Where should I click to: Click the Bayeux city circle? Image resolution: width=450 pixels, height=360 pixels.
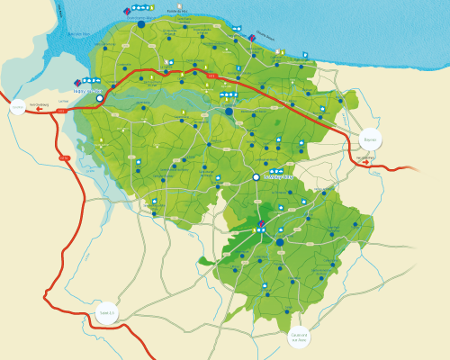370,140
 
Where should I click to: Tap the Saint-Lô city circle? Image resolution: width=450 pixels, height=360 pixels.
106,313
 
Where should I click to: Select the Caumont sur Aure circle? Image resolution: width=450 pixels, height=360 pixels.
300,337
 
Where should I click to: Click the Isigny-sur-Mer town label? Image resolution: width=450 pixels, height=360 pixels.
85,90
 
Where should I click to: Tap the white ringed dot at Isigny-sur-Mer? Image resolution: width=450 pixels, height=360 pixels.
100,98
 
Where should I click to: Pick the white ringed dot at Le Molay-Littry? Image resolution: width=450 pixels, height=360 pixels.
256,177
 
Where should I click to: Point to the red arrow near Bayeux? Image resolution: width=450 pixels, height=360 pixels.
365,163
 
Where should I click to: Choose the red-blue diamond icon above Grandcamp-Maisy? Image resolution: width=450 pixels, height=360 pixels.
127,10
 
